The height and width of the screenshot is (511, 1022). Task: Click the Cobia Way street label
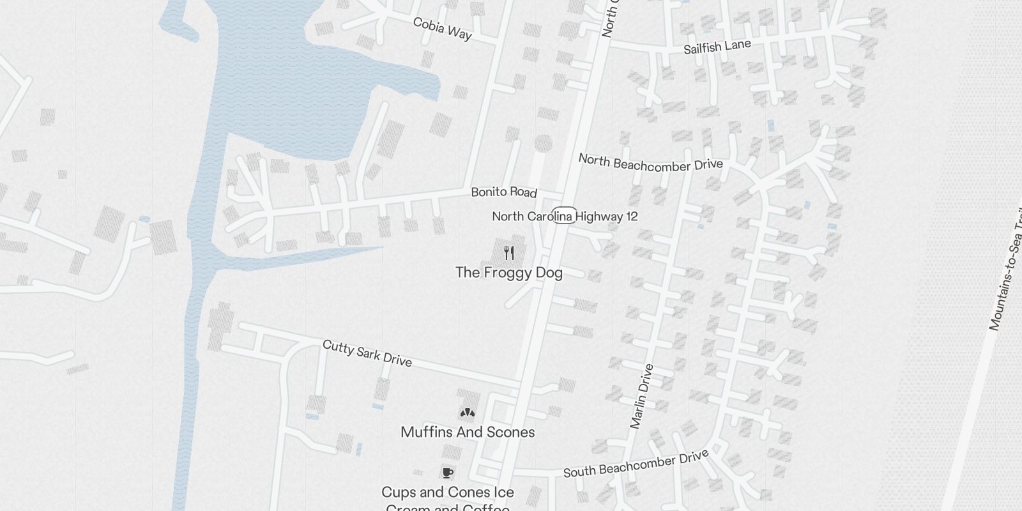442,29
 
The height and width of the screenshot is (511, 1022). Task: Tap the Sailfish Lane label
717,47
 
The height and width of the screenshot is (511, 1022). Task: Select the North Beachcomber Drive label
650,163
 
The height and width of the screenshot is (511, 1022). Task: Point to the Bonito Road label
503,192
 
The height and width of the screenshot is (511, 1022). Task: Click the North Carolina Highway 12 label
565,217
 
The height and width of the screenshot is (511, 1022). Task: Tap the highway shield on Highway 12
564,216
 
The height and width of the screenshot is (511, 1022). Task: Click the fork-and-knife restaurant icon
509,253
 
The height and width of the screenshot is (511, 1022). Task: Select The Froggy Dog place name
509,273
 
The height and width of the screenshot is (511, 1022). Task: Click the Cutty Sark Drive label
367,353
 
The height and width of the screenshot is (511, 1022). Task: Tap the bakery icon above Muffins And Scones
468,413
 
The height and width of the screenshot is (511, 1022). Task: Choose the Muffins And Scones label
468,432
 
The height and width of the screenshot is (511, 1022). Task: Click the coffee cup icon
448,473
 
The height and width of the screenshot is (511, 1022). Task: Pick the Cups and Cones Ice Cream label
448,493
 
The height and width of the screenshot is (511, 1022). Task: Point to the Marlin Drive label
642,396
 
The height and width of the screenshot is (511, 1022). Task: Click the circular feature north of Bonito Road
543,144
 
